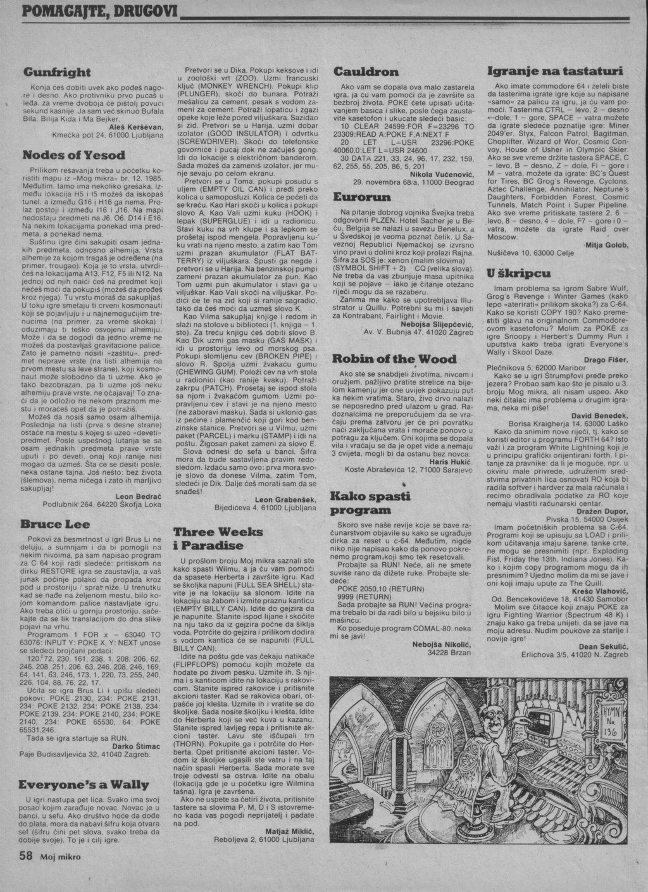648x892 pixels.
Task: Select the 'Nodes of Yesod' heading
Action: pos(74,154)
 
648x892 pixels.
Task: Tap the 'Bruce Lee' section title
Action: pos(55,524)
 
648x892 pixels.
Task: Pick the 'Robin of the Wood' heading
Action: pos(394,359)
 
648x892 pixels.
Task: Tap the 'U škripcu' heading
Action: pos(518,273)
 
